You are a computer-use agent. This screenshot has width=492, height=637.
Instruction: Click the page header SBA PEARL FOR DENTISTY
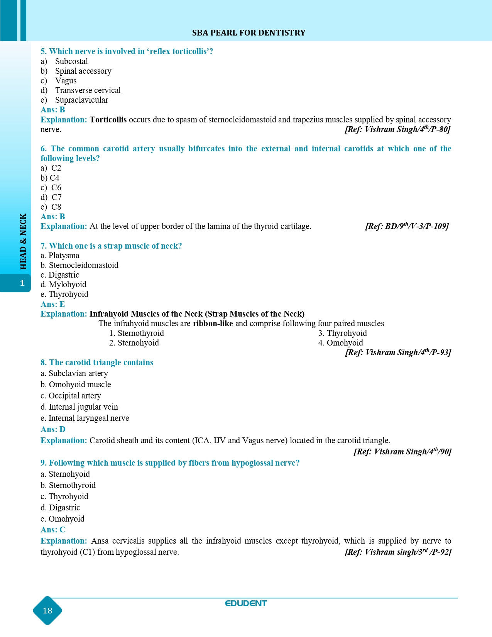tap(249, 33)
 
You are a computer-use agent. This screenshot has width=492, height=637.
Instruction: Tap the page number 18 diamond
tap(47, 610)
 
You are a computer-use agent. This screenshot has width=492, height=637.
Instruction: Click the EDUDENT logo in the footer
tap(246, 603)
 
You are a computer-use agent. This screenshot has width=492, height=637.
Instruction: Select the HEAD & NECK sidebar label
tap(23, 241)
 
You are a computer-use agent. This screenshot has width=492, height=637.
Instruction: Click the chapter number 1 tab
tap(22, 283)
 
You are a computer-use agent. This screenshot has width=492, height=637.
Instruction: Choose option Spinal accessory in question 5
tap(83, 71)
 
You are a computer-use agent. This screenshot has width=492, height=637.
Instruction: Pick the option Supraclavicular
tap(81, 100)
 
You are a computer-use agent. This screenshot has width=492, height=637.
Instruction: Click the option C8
tap(56, 207)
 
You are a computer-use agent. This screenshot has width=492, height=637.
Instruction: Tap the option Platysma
tap(64, 256)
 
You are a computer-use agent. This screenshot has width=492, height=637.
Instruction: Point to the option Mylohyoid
tap(68, 285)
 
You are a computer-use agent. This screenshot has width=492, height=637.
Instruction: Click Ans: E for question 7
tap(52, 304)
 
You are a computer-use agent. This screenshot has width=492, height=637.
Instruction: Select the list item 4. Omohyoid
tap(341, 343)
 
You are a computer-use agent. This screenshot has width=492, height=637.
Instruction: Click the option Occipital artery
tap(74, 396)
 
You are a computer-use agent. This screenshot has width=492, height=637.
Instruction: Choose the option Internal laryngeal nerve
tap(89, 418)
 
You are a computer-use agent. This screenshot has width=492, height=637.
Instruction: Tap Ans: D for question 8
tap(53, 429)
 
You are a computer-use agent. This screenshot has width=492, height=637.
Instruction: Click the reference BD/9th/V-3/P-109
tap(407, 226)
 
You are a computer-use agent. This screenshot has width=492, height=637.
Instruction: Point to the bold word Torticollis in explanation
tap(108, 120)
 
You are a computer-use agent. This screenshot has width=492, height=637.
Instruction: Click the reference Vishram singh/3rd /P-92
tap(398, 552)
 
